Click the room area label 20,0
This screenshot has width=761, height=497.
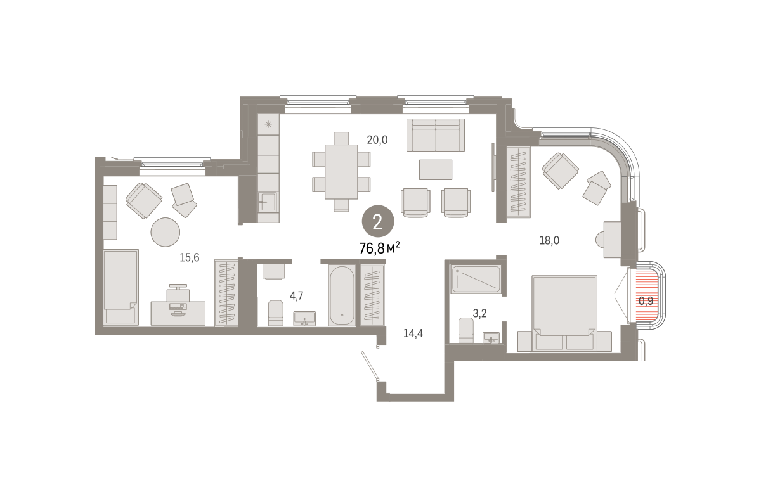377,140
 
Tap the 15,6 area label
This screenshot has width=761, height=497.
190,258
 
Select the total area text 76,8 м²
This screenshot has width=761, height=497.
379,248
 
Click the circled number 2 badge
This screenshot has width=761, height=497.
378,221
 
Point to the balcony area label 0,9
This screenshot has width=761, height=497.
646,301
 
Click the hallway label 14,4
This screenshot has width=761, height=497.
413,333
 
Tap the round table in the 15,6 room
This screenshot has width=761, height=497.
166,232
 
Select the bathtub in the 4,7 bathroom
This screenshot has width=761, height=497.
342,295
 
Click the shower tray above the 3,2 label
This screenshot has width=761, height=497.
476,279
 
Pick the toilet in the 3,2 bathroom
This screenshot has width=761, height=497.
465,330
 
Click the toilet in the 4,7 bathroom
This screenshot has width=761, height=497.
275,313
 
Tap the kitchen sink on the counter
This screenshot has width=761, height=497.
268,202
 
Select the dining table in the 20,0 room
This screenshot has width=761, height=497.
341,172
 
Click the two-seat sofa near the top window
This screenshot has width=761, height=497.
436,135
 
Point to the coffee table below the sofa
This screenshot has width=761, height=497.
436,169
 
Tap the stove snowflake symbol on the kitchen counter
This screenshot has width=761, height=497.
268,124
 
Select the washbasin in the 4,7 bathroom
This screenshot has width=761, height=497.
304,319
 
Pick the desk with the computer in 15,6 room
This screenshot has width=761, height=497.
178,313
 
